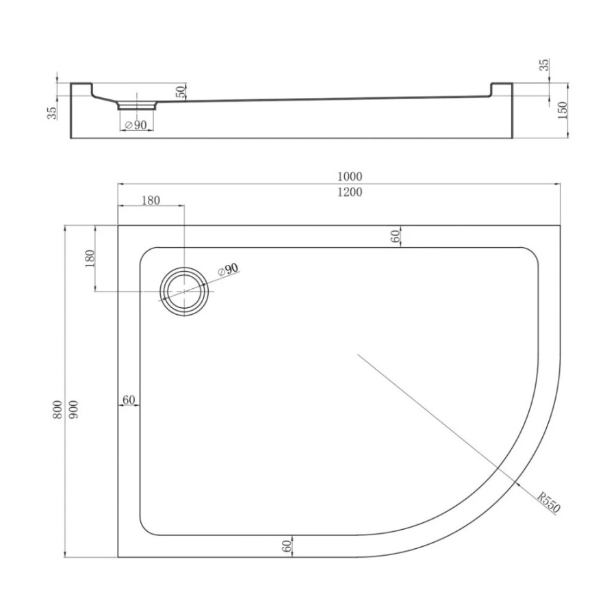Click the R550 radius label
548,502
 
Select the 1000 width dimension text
350,177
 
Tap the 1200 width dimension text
350,192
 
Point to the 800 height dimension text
57,409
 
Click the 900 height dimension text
73,409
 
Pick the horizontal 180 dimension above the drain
151,201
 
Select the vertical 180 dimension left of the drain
90,258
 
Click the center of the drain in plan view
184,291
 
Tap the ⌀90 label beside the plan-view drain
228,270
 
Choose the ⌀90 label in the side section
136,125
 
